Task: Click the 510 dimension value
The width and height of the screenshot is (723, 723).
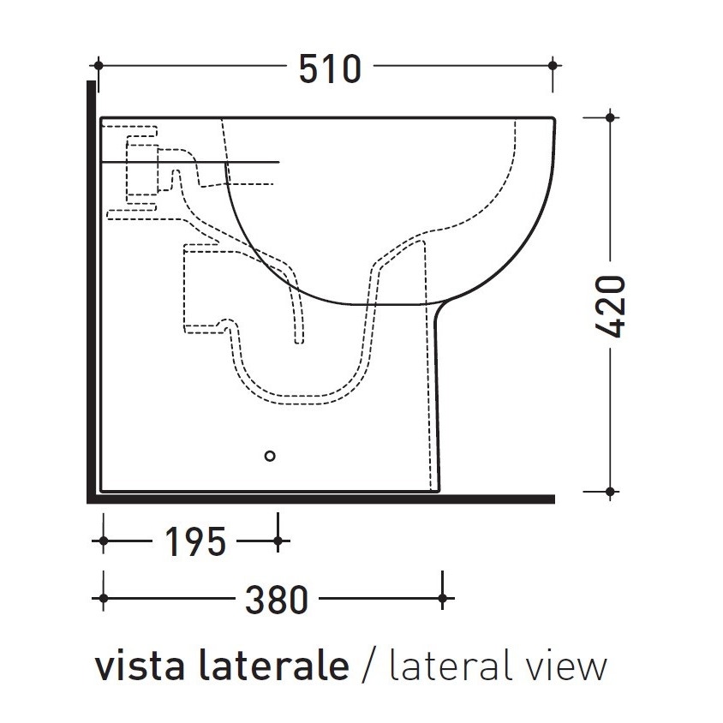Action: (330, 68)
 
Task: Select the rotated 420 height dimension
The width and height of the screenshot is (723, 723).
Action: (610, 307)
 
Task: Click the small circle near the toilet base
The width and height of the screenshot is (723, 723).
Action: (271, 457)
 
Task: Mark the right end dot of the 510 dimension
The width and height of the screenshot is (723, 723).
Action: (555, 65)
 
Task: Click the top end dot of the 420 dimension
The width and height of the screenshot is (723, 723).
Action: (610, 117)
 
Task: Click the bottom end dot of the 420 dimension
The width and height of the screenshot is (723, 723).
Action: (610, 492)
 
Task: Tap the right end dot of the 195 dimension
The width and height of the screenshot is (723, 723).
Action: (278, 541)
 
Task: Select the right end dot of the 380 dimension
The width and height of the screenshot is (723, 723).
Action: (442, 598)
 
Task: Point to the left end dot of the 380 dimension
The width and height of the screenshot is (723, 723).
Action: (104, 598)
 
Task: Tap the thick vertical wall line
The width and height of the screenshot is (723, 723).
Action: (90, 291)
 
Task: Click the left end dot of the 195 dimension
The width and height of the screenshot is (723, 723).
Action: (104, 541)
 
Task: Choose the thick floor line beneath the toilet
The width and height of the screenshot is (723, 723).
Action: (326, 499)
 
